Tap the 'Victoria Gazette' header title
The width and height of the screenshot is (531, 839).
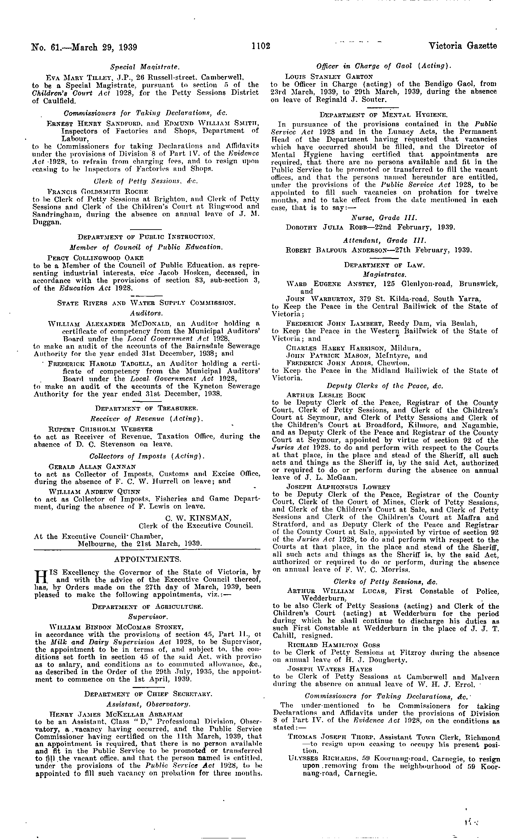point(463,46)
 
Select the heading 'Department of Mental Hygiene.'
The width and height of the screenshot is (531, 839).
point(383,114)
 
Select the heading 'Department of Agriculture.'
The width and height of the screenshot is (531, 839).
point(147,607)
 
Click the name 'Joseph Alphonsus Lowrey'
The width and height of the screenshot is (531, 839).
point(333,487)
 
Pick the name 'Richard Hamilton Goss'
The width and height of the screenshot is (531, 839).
point(328,645)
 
